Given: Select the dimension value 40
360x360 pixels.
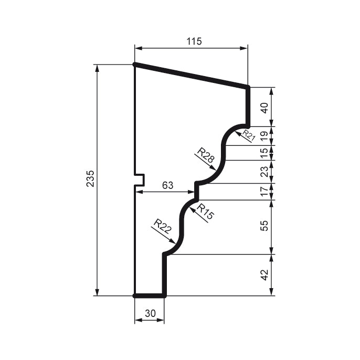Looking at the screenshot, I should (265, 108).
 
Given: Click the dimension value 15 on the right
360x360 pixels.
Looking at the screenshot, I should (265, 153).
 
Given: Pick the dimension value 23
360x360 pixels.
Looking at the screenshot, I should (265, 172).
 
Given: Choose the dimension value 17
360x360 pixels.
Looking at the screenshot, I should (265, 192).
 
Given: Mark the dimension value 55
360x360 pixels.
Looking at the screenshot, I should (265, 226).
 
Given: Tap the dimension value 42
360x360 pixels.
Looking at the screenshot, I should (265, 274).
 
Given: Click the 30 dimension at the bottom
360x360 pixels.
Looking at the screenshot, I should (150, 313).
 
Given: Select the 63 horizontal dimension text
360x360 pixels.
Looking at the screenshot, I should (167, 185).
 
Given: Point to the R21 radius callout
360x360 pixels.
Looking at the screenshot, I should (248, 136).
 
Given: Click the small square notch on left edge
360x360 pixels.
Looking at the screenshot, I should (140, 179).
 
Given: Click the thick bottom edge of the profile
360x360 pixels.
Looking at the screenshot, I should (150, 296).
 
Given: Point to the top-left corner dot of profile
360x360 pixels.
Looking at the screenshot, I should (135, 65).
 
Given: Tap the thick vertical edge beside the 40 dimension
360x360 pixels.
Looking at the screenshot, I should (248, 107).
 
